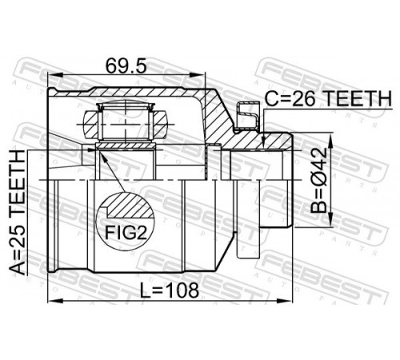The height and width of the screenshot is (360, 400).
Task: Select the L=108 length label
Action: tap(170, 290)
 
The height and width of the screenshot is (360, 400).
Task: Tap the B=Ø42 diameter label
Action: tap(318, 180)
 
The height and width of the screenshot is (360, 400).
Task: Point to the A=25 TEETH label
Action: tap(18, 213)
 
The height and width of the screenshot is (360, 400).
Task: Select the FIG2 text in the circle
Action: tap(126, 232)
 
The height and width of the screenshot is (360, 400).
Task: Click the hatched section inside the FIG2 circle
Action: tap(130, 206)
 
